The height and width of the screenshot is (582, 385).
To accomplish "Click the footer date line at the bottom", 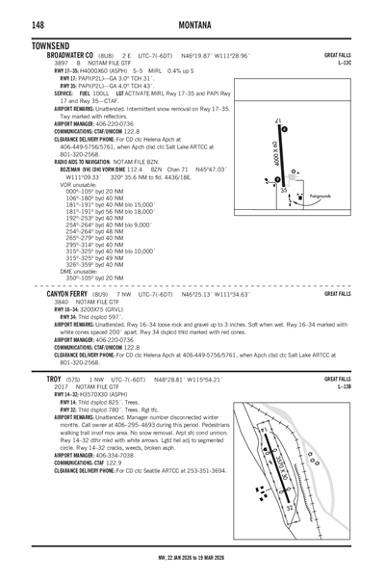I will tap(192, 557).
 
